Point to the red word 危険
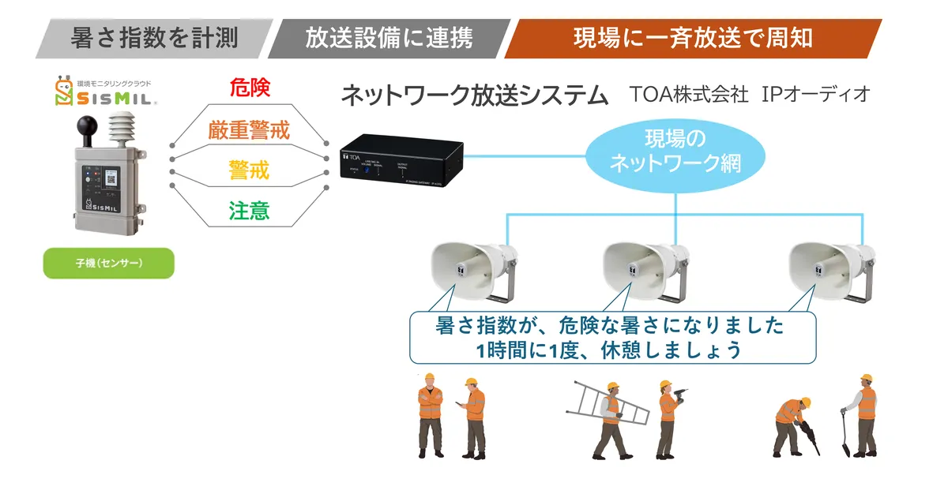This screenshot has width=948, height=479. click(x=250, y=88)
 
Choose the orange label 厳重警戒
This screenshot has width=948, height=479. click(x=250, y=129)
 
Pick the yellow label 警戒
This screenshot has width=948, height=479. click(x=250, y=170)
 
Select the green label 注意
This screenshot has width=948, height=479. click(x=250, y=211)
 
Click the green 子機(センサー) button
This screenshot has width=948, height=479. click(x=109, y=263)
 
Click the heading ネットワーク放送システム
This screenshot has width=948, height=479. click(x=474, y=95)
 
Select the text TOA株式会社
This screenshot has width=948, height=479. click(x=689, y=95)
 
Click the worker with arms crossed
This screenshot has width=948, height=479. click(x=431, y=414)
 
